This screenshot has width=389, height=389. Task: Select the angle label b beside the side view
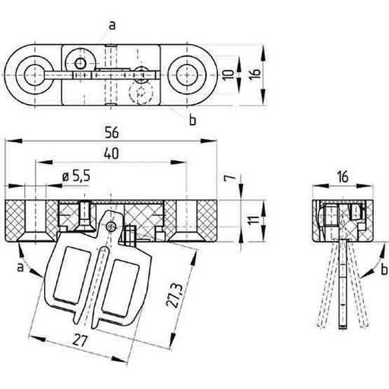(384, 269)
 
